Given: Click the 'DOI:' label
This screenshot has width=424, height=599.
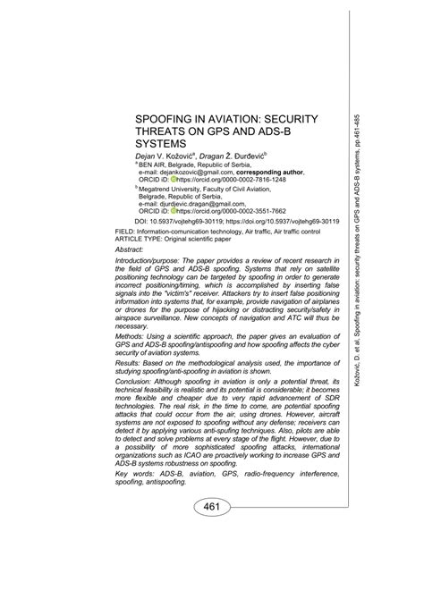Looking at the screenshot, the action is tap(142, 221).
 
